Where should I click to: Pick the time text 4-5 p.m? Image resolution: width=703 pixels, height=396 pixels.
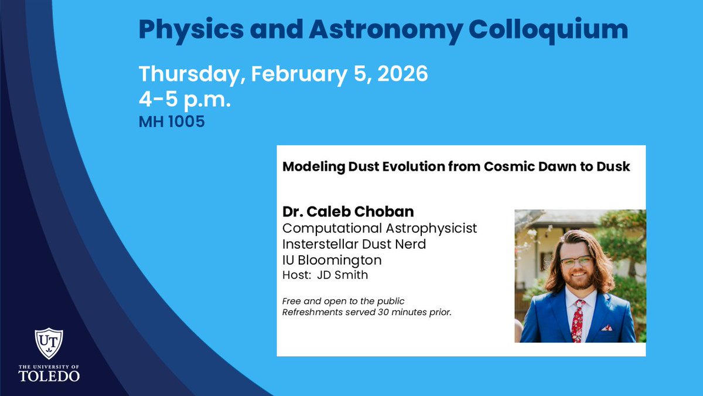[185, 99]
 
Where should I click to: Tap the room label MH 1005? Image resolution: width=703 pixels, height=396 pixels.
[172, 123]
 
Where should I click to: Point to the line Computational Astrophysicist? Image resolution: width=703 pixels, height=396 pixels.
[380, 228]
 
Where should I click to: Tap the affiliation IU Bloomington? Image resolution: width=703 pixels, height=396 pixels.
[332, 259]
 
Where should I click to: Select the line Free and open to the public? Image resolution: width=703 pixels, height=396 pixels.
[343, 302]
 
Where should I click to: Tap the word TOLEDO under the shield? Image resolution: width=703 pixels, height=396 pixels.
[49, 376]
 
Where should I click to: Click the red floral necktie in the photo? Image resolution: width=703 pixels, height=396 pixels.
[578, 320]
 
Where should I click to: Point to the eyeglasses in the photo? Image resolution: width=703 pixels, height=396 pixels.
[576, 260]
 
